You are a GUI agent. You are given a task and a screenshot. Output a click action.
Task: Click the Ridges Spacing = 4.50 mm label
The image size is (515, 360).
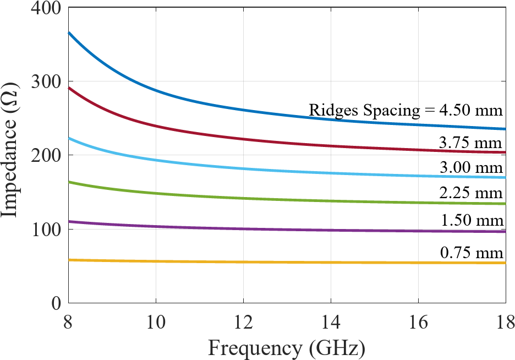406,111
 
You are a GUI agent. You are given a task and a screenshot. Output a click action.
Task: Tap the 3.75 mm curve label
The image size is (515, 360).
471,142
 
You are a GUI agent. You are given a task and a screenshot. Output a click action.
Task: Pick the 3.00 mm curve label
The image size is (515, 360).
471,167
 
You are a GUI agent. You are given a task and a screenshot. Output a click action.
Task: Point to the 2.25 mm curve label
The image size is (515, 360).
471,193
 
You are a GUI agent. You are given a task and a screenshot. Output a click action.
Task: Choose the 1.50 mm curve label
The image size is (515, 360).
472,221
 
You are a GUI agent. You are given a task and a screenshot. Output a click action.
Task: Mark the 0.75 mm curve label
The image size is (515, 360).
471,253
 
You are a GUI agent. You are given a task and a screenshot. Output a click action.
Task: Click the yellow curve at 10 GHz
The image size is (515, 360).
156,261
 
